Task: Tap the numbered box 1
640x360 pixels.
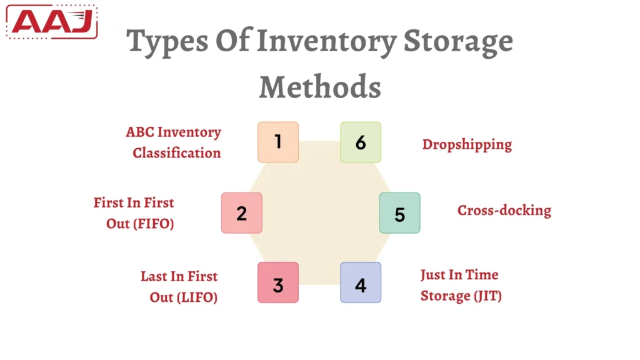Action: click(278, 142)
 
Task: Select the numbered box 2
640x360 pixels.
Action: click(242, 213)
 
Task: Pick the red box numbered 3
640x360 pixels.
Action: click(278, 285)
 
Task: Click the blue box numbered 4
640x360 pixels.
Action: click(361, 285)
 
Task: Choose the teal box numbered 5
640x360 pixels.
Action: click(400, 214)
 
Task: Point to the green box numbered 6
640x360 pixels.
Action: click(361, 142)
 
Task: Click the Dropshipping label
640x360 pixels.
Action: click(467, 144)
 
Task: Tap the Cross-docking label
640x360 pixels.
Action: click(504, 210)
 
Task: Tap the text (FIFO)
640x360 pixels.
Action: click(152, 223)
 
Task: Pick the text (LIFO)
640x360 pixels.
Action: click(196, 297)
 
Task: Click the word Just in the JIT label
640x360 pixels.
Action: click(432, 274)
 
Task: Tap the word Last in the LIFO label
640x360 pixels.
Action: click(153, 276)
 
